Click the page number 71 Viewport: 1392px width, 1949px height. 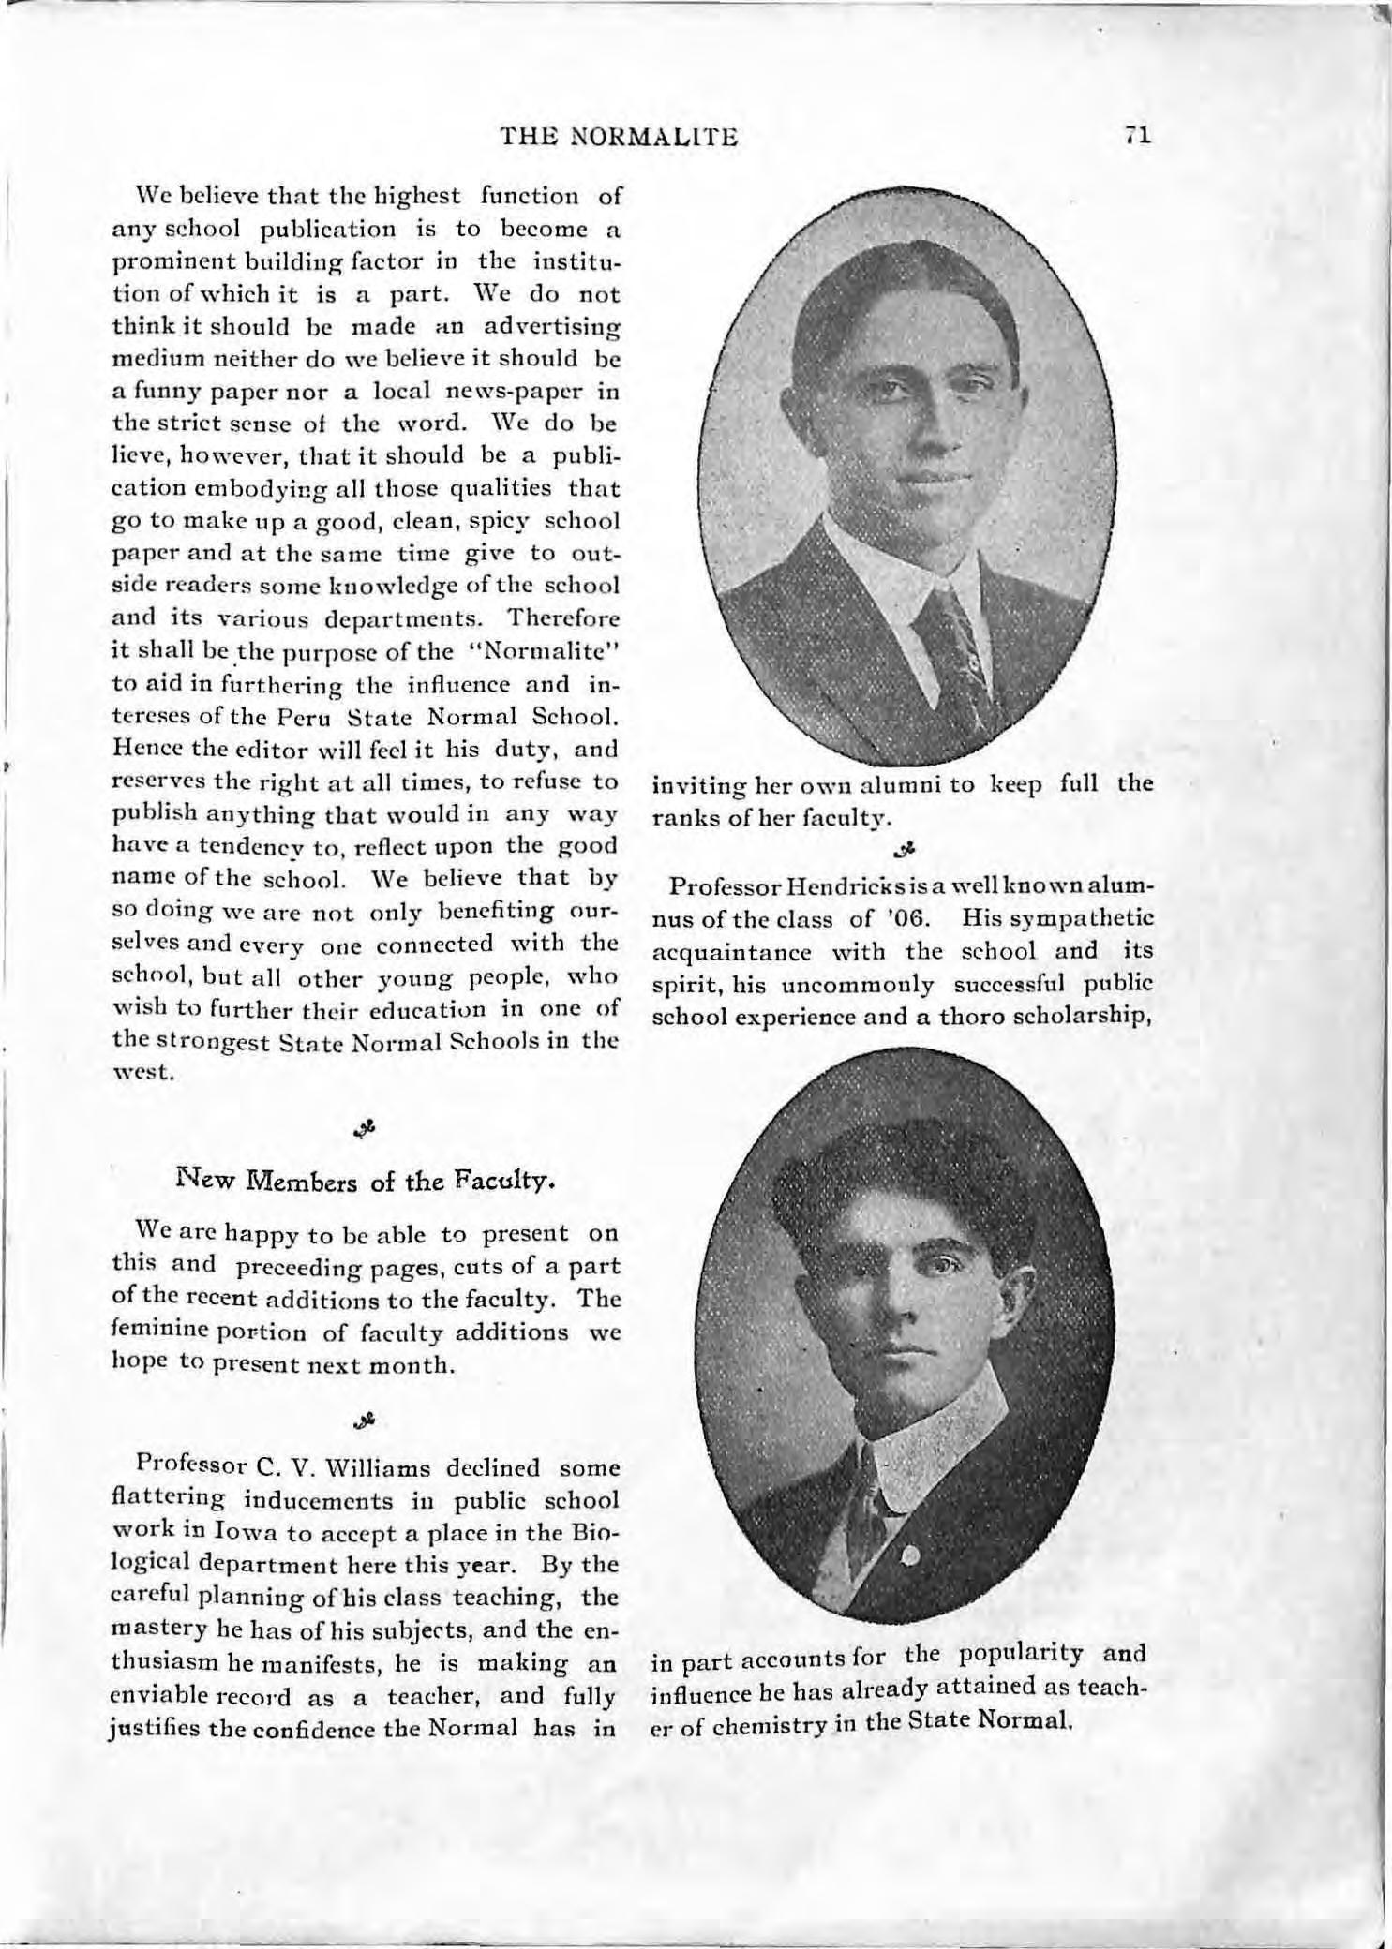pyautogui.click(x=1138, y=137)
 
